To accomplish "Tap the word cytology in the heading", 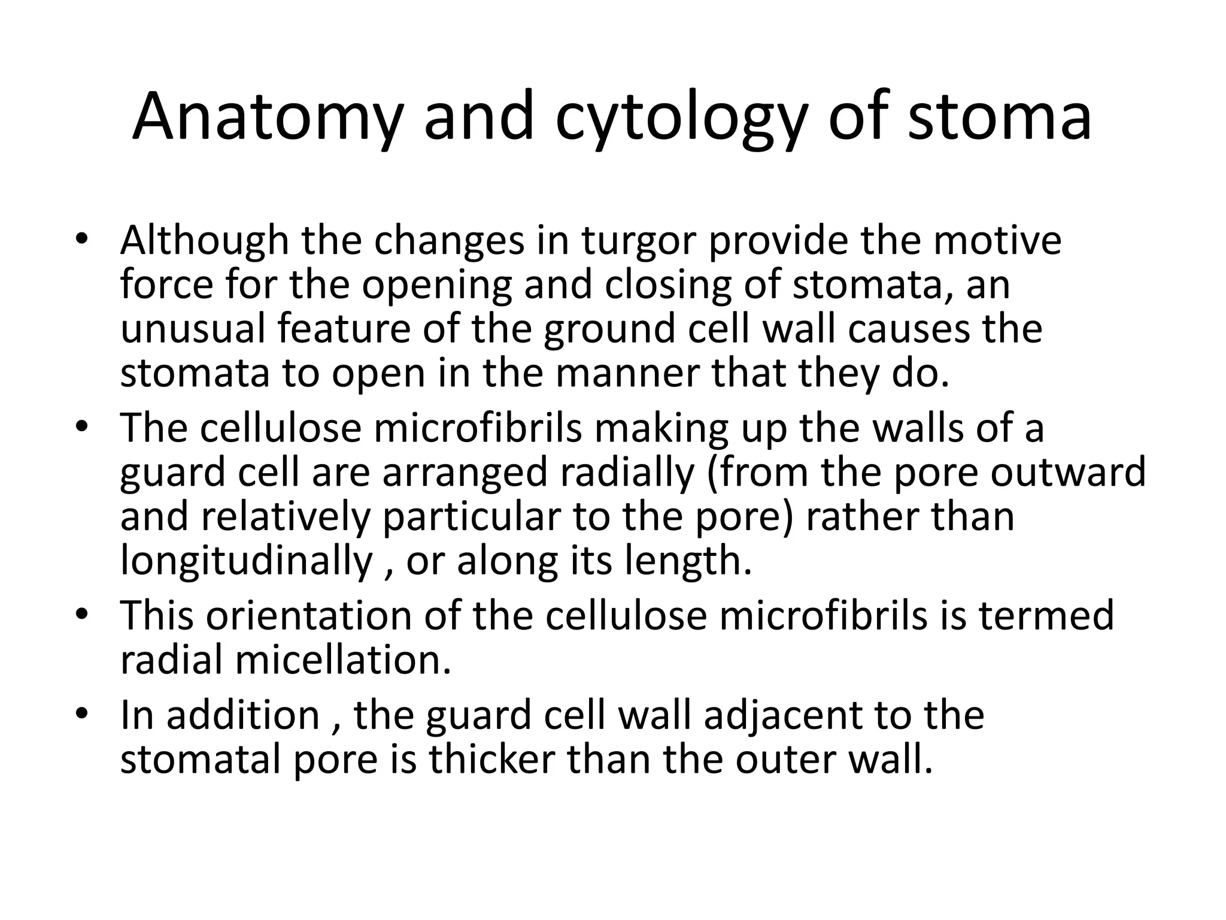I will tap(679, 120).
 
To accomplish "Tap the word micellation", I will tap(343, 659).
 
